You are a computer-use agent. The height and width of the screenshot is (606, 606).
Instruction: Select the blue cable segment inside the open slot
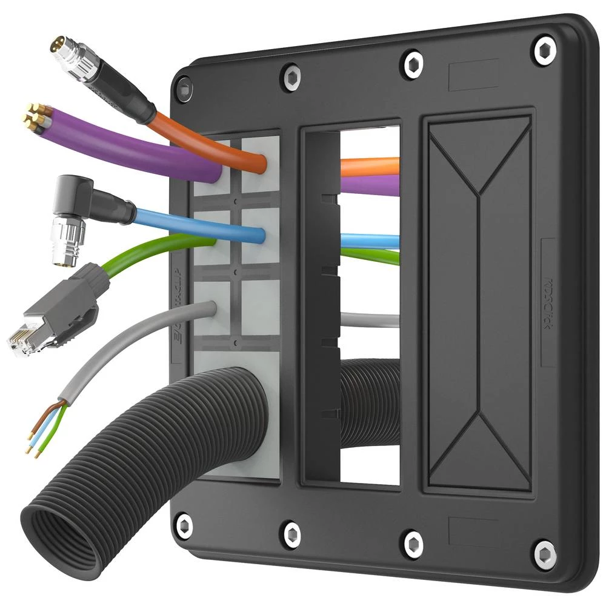pyautogui.click(x=370, y=240)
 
